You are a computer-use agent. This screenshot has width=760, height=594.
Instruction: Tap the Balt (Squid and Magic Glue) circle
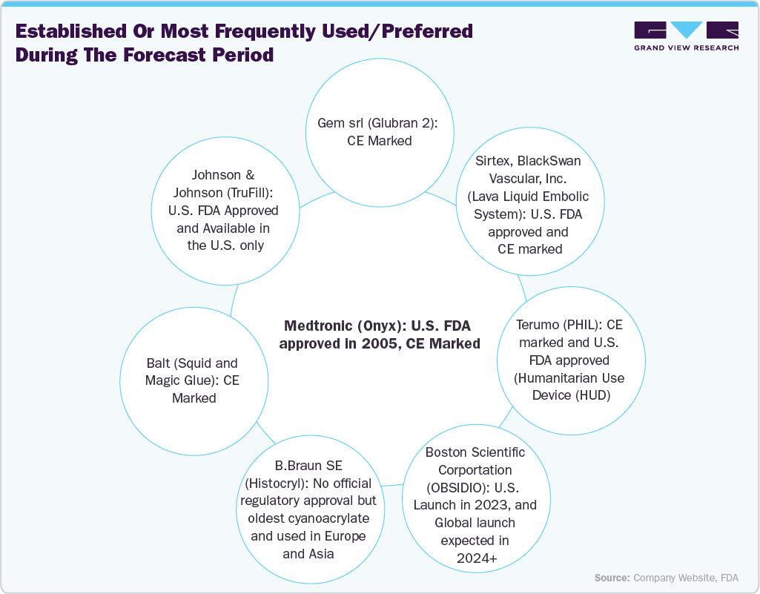[x=192, y=381]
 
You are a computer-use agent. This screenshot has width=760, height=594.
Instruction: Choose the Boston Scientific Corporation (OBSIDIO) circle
[x=475, y=504]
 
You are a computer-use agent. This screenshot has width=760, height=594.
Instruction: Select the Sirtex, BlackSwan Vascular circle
[x=529, y=205]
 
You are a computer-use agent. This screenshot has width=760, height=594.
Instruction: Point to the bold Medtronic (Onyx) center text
[x=378, y=334]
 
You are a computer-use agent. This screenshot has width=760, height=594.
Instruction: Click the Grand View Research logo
[x=686, y=31]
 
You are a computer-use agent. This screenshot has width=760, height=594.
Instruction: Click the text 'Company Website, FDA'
[x=685, y=578]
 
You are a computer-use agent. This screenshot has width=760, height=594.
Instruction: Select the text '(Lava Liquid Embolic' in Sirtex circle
[x=529, y=197]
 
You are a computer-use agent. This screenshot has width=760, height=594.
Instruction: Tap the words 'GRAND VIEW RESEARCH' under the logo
[x=686, y=48]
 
